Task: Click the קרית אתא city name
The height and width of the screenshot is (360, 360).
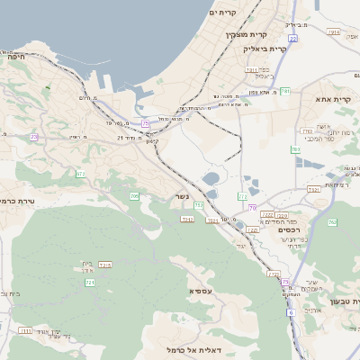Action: [x=336, y=100]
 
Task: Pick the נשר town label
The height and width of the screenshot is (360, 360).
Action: [x=183, y=196]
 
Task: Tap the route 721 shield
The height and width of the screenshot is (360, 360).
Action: [x=90, y=283]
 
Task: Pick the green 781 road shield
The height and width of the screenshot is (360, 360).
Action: [x=285, y=91]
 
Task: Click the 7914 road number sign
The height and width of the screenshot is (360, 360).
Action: [x=335, y=31]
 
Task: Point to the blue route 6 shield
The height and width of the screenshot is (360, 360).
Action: [x=291, y=312]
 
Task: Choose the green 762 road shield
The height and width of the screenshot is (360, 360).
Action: [x=331, y=222]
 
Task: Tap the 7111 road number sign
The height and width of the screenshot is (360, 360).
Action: [x=25, y=331]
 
